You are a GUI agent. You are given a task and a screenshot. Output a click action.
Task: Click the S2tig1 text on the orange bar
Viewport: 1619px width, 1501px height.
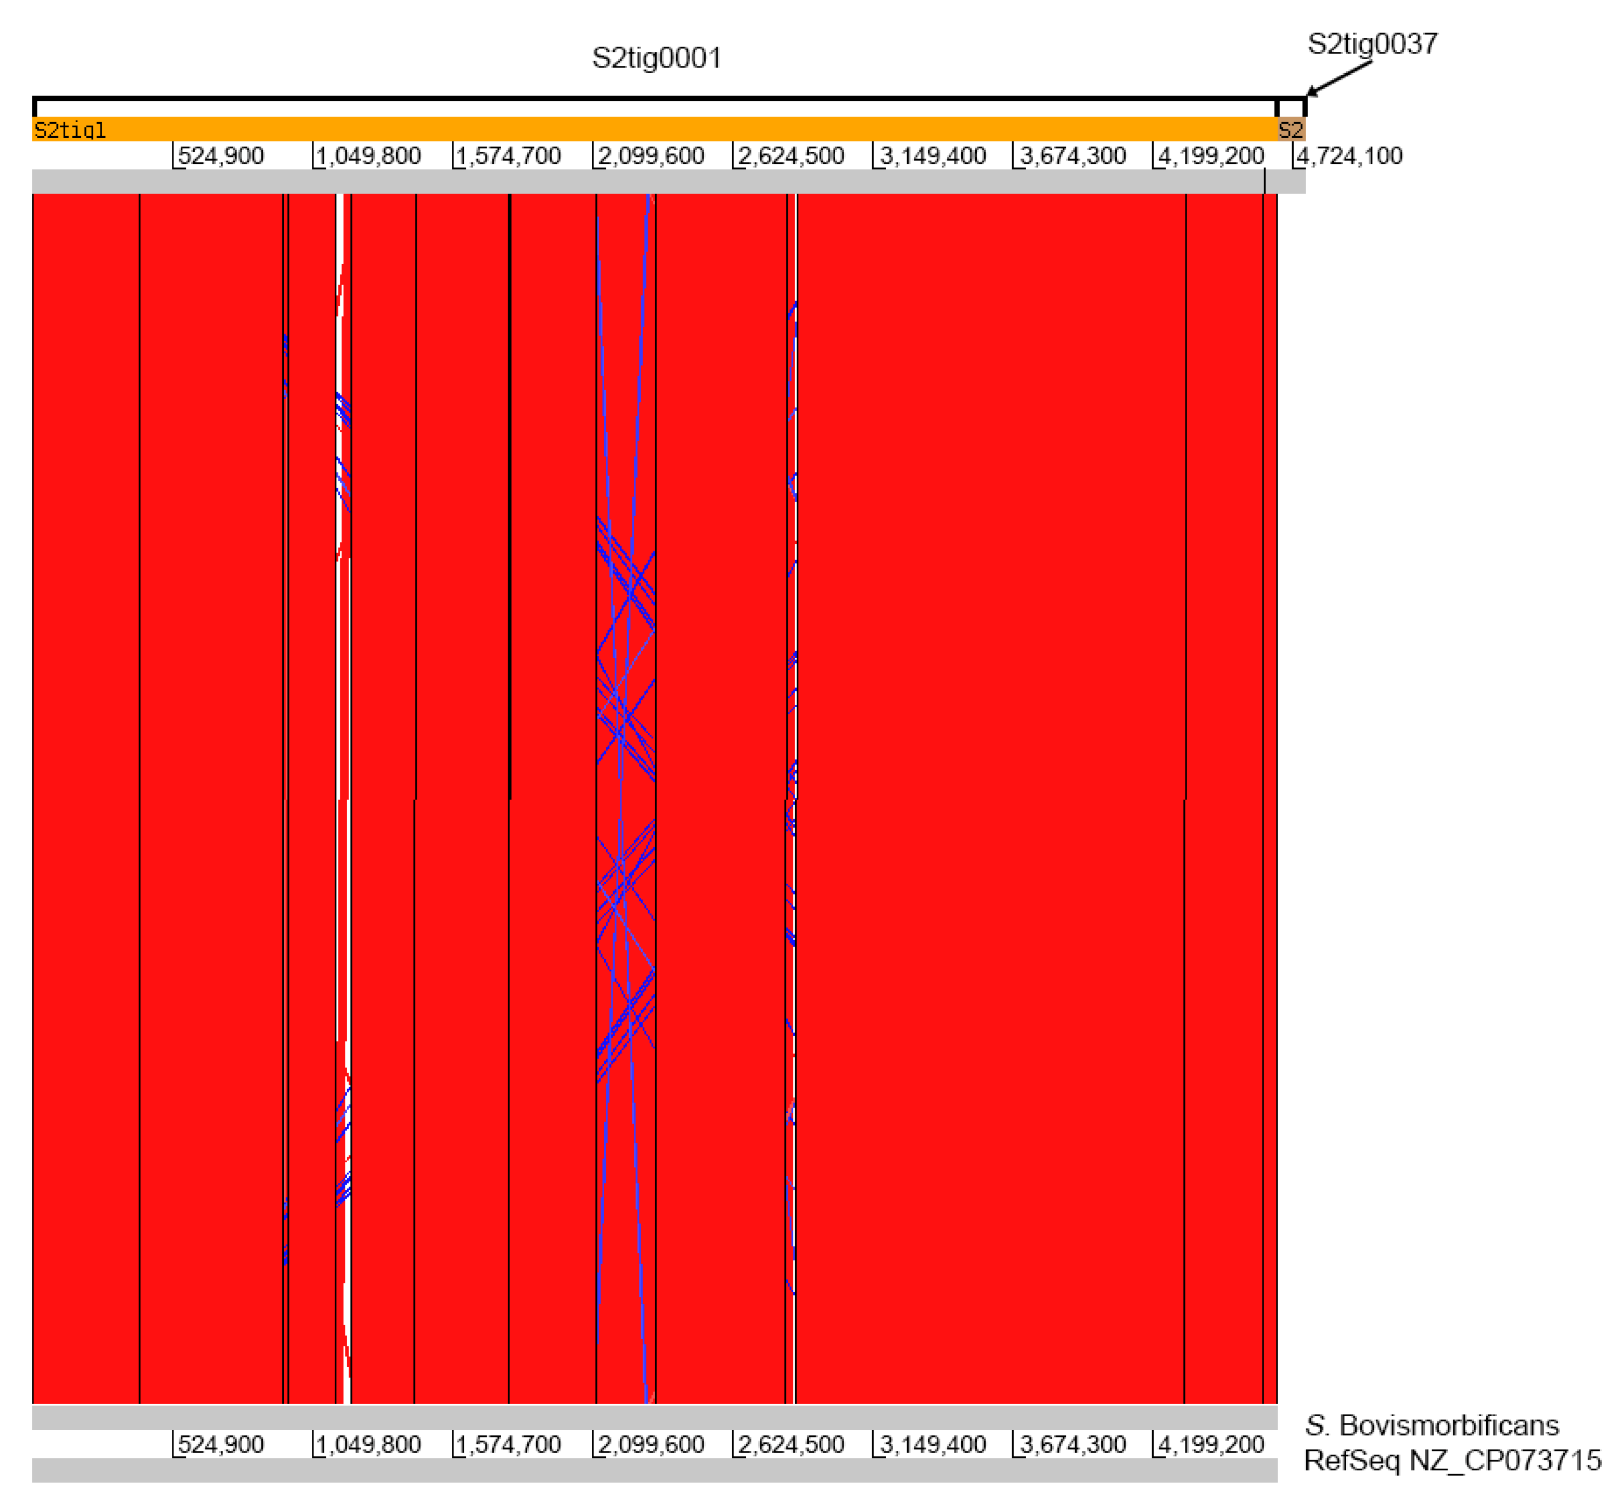[x=70, y=130]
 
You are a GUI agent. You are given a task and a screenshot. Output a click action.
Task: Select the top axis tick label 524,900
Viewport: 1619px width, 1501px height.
[x=220, y=156]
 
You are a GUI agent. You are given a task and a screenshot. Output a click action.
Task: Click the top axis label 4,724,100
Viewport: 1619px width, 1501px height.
[x=1348, y=156]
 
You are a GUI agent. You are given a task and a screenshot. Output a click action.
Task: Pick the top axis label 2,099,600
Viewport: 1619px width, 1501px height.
[x=651, y=156]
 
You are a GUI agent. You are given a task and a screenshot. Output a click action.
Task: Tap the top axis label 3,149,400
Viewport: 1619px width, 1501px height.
[x=932, y=156]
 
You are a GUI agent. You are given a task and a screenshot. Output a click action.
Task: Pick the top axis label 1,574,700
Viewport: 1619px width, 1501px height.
[x=508, y=156]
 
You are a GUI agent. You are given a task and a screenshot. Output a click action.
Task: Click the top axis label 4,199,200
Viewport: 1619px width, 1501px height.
[x=1211, y=156]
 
